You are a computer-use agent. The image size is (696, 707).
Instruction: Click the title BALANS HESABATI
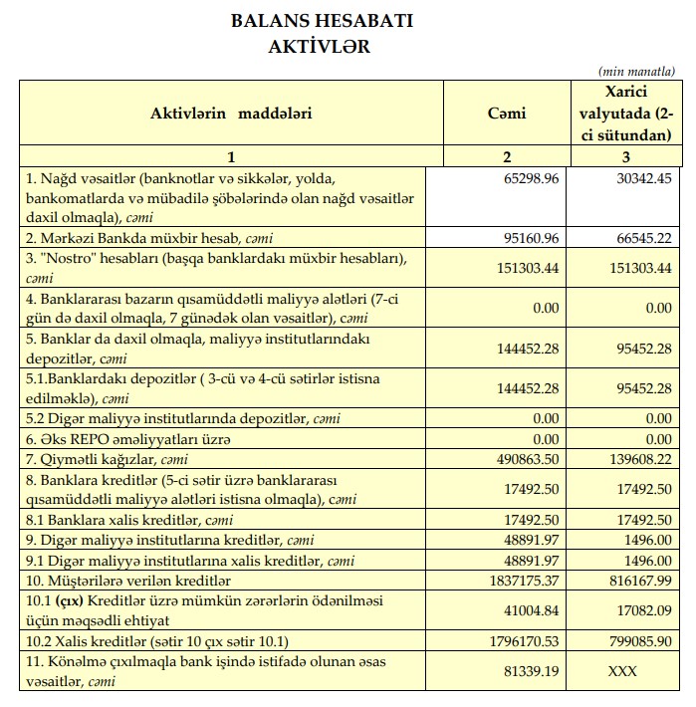[x=321, y=21]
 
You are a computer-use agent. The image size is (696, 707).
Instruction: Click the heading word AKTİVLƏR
[x=320, y=45]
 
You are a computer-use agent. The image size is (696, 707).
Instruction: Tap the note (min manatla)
[x=637, y=72]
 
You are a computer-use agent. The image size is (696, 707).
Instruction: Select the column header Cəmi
[x=507, y=113]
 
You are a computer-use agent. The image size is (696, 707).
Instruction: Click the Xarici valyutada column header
[x=626, y=113]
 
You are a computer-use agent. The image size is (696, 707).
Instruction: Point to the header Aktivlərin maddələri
[x=231, y=113]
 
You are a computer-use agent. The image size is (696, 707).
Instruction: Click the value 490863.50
[x=526, y=460]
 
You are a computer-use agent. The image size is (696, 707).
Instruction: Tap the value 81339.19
[x=530, y=672]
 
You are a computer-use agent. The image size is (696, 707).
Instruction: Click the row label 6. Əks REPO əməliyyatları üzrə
[x=128, y=439]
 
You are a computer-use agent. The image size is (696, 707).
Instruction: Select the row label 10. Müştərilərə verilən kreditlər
[x=143, y=581]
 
